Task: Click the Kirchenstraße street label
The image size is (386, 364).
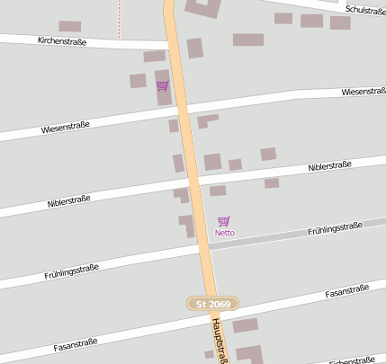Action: click(63, 41)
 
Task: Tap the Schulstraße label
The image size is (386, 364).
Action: click(365, 8)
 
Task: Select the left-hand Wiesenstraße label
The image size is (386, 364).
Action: click(66, 127)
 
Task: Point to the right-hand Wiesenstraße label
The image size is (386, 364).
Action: click(364, 92)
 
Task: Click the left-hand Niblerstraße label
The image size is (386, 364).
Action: click(69, 196)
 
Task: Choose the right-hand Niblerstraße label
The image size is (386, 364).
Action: click(329, 166)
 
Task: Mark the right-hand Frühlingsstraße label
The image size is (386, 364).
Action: click(335, 229)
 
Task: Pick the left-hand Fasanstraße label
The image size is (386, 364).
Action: click(76, 342)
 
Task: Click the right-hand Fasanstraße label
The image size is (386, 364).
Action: click(347, 291)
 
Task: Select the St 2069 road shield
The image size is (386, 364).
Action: click(207, 304)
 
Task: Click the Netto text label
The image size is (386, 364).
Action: click(224, 233)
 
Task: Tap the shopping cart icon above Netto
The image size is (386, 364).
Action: click(224, 220)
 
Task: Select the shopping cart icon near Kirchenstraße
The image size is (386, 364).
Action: click(162, 86)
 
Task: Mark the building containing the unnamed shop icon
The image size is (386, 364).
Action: click(162, 86)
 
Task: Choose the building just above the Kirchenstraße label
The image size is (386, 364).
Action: click(69, 26)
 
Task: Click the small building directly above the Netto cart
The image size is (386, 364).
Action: click(218, 191)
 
